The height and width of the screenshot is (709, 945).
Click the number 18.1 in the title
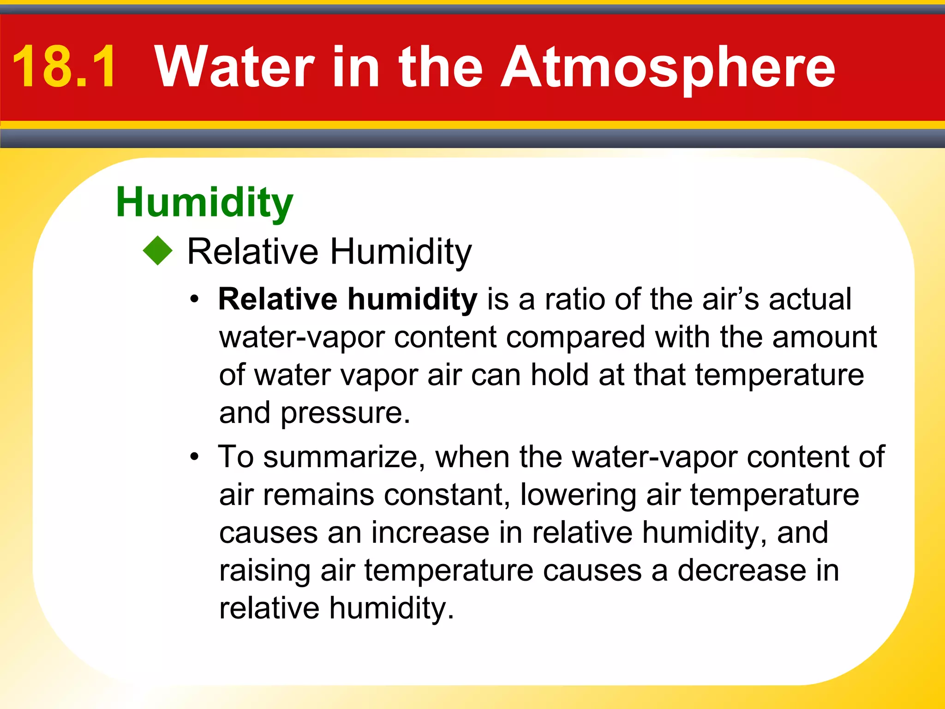64,66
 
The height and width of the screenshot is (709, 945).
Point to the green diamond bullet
158,251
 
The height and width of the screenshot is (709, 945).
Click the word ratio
574,299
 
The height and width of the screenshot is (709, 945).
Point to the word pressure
345,413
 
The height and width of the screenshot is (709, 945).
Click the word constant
447,495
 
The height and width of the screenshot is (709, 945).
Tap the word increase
430,533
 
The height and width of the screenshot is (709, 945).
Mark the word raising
264,571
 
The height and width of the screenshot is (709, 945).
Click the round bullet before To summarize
195,457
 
